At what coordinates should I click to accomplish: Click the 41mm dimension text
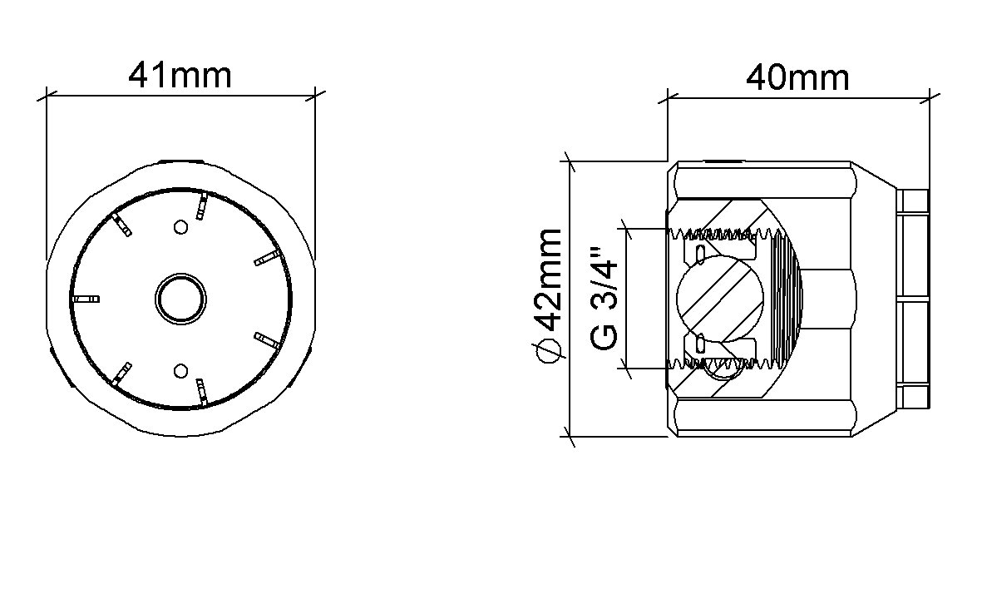tap(180, 76)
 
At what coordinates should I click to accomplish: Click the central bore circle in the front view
tap(180, 298)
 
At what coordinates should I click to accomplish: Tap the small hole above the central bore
tap(180, 226)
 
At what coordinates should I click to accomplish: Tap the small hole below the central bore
tap(180, 369)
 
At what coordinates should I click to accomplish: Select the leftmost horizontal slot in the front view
tap(87, 298)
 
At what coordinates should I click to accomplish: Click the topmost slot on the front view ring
tap(200, 206)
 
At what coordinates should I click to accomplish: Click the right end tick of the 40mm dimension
tap(929, 97)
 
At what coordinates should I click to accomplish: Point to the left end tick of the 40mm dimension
tap(667, 97)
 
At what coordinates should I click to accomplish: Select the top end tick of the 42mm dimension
tap(570, 161)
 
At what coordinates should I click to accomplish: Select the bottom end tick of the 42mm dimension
tap(570, 433)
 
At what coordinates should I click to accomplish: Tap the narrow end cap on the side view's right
tap(914, 298)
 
